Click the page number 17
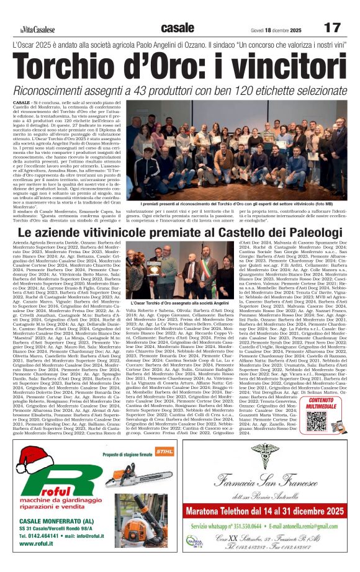pos(333,28)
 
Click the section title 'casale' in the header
pos(177,28)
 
